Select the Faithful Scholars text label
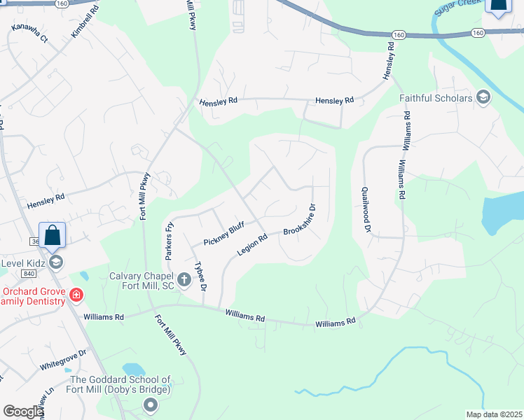pyautogui.click(x=436, y=98)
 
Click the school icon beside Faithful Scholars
pyautogui.click(x=483, y=97)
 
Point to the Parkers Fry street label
pyautogui.click(x=169, y=241)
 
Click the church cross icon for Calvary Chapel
pyautogui.click(x=184, y=281)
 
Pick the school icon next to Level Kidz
pyautogui.click(x=55, y=262)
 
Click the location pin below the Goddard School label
pyautogui.click(x=150, y=405)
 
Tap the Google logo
pyautogui.click(x=24, y=412)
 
